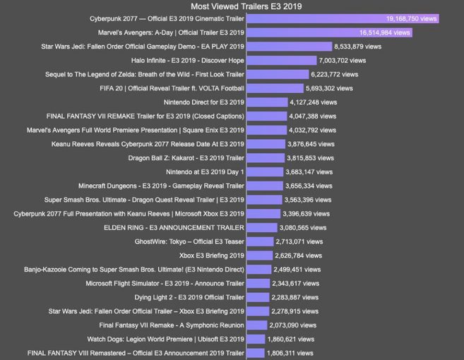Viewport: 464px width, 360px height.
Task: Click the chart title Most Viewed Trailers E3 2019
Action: [x=246, y=6]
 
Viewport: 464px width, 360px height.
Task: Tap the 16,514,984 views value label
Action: [x=384, y=32]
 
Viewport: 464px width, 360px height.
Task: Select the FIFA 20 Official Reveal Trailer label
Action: [x=172, y=88]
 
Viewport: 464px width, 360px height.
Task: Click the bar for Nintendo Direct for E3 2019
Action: [x=266, y=102]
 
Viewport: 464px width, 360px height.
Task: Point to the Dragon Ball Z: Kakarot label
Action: [x=186, y=158]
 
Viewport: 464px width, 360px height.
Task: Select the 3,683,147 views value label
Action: [x=309, y=172]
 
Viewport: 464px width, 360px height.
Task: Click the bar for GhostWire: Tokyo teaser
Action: [x=260, y=241]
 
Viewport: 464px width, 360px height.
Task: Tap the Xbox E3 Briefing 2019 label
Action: [x=211, y=256]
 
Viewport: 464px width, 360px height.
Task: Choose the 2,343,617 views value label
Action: [x=296, y=283]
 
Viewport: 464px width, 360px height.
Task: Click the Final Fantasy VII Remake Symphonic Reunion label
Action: [x=172, y=325]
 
